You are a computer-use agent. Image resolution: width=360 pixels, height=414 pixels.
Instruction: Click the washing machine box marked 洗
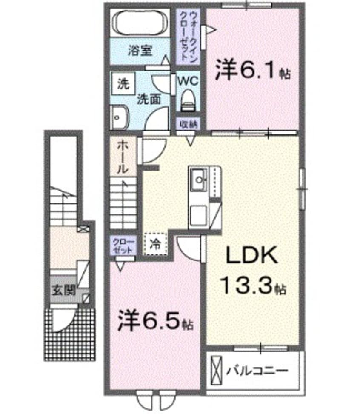pos(122,83)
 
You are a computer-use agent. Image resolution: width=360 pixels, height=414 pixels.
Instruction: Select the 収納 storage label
pos(187,124)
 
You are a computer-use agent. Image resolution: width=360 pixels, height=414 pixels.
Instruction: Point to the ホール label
pos(121,156)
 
